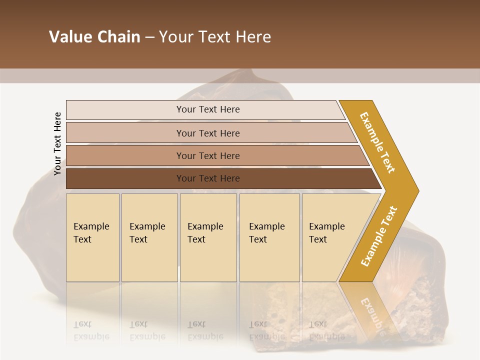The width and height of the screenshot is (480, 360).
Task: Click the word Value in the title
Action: point(69,37)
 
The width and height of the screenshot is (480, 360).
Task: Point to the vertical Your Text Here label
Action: point(57,143)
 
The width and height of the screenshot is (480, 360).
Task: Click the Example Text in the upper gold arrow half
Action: point(377,142)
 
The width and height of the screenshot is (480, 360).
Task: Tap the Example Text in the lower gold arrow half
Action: point(379,236)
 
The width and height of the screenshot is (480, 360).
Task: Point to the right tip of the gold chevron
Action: point(417,190)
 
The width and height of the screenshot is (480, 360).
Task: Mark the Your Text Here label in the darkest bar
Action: point(208,178)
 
